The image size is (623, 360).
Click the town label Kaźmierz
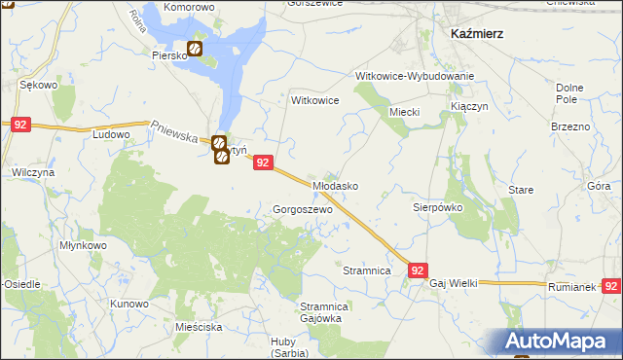click(x=476, y=32)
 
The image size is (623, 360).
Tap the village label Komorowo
click(x=189, y=7)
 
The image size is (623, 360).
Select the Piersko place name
click(x=168, y=55)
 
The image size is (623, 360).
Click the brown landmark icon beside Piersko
click(x=195, y=48)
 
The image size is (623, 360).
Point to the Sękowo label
click(x=39, y=86)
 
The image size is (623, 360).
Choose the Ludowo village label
click(x=111, y=134)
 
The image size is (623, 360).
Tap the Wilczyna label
click(x=32, y=171)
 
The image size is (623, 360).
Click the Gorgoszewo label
click(x=303, y=209)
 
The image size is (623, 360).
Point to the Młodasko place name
click(x=336, y=185)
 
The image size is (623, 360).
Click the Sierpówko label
click(x=437, y=207)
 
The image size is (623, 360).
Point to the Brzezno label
click(x=570, y=127)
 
